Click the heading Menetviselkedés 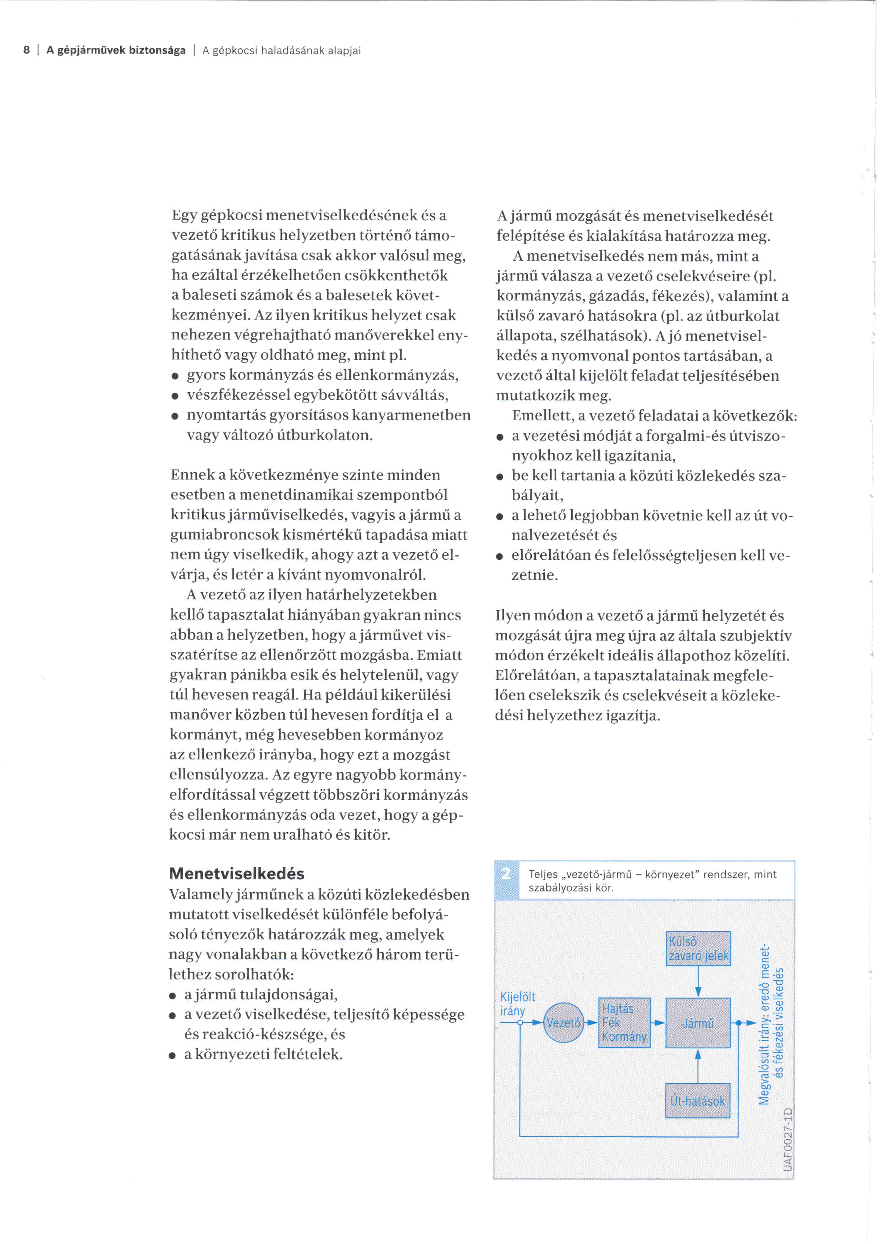point(236,873)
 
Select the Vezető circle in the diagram point(563,1023)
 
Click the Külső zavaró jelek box point(698,948)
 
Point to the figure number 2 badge point(506,874)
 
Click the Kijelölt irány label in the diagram point(517,1004)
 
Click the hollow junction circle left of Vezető point(520,1023)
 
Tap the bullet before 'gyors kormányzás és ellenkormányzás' point(175,376)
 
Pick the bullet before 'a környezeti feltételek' point(172,1055)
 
